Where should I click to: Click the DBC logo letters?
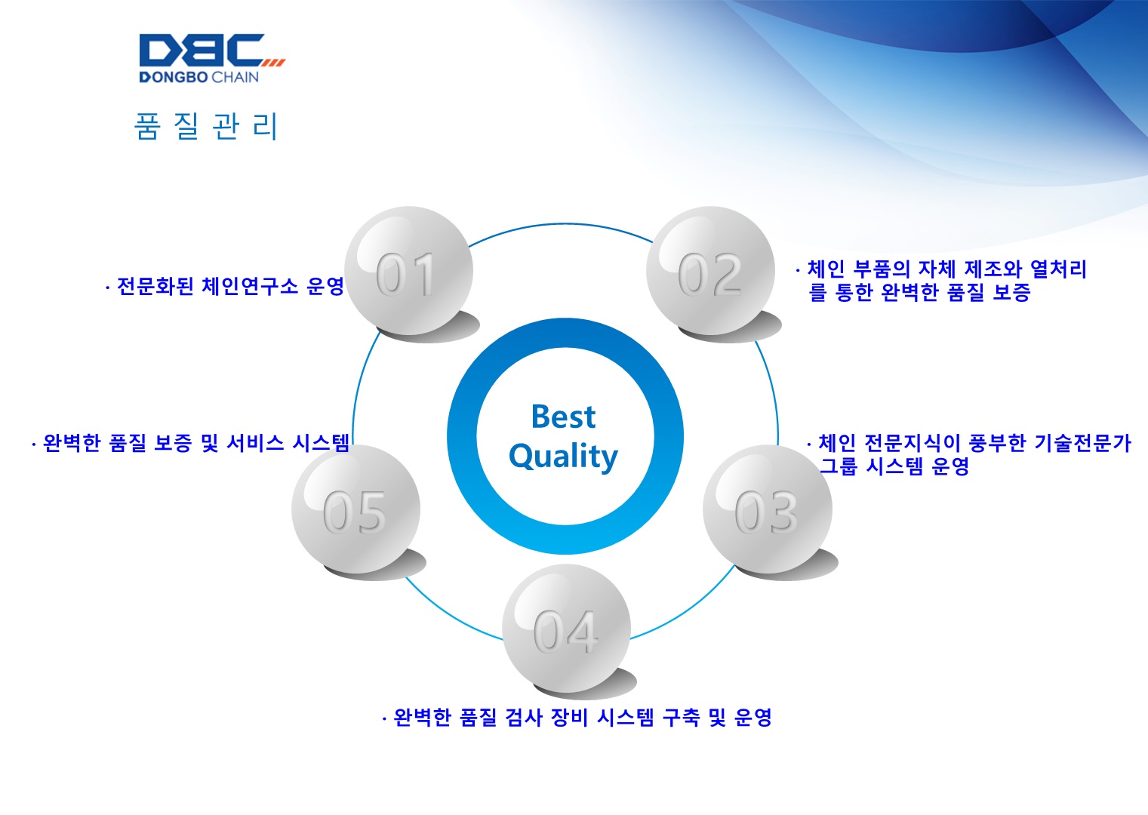(x=202, y=50)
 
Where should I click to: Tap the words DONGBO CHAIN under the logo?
(x=199, y=77)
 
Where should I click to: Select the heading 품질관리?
(x=205, y=126)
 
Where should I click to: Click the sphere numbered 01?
(x=408, y=271)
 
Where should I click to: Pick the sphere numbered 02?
(x=710, y=271)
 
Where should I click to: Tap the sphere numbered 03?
(x=767, y=509)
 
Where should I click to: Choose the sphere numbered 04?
(x=566, y=629)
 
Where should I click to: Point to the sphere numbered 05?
(x=355, y=509)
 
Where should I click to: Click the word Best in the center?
(x=563, y=417)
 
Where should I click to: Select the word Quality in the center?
(x=563, y=456)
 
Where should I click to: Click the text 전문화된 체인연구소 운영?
(x=231, y=286)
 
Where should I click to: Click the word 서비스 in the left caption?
(x=254, y=443)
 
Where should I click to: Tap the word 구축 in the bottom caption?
(x=681, y=717)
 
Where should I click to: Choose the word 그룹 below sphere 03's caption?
(x=839, y=466)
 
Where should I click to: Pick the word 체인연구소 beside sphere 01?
(x=250, y=286)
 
